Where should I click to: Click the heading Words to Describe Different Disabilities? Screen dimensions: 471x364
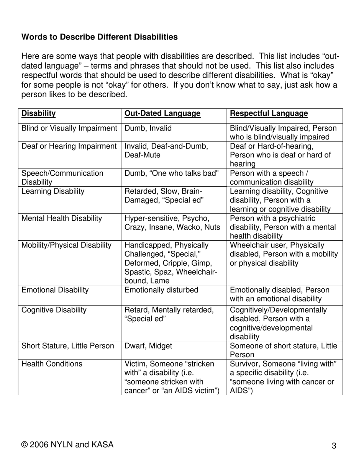(99, 37)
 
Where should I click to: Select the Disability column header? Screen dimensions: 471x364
(38, 113)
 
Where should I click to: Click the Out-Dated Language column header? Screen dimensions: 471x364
(162, 113)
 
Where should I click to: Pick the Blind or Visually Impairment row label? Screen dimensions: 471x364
(69, 128)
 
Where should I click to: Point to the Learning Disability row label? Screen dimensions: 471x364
(53, 191)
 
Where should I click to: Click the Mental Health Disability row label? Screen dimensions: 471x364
(62, 218)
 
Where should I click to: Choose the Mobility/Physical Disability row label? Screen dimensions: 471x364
(66, 245)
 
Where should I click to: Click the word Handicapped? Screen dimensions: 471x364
(148, 245)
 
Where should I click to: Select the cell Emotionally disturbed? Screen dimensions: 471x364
(161, 290)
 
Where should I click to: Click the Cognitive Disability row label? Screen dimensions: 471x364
(54, 310)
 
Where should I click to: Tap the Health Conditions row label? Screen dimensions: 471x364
(52, 364)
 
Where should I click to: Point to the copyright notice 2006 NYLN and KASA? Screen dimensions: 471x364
(67, 445)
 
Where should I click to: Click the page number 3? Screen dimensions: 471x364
(334, 446)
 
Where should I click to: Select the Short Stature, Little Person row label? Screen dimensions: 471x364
(67, 346)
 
